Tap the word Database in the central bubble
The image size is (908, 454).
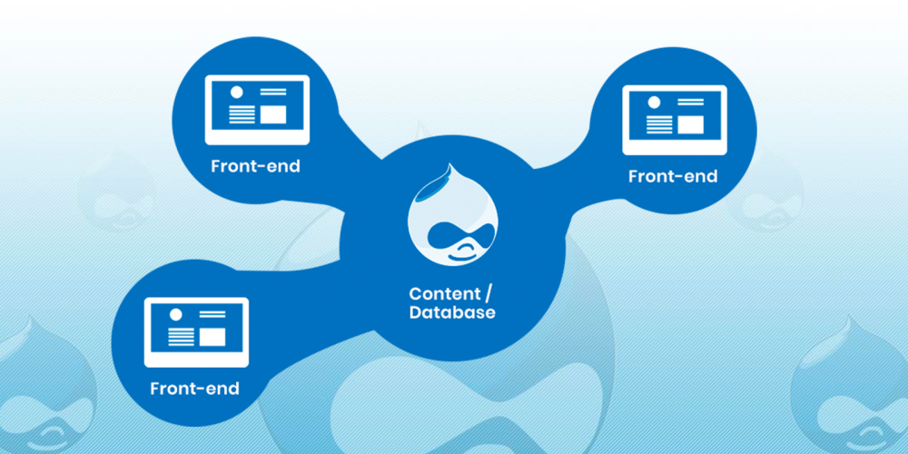pos(452,312)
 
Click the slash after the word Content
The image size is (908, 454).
pos(489,293)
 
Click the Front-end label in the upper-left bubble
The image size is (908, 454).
pos(256,166)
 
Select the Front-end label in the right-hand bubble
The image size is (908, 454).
pos(673,176)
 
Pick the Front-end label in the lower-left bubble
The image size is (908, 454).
pos(194,388)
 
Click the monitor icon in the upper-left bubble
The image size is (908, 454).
pos(257,110)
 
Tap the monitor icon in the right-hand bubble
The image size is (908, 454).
pos(675,120)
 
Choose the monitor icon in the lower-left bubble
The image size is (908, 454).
pos(196,331)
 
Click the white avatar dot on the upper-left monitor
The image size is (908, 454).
pos(236,92)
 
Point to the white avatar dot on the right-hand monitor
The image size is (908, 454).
pos(654,103)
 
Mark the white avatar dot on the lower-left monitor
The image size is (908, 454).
pos(175,314)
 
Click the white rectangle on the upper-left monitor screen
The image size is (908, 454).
pos(273,114)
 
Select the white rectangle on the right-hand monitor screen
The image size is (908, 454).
pos(691,124)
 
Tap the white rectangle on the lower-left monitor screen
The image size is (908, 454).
pos(212,337)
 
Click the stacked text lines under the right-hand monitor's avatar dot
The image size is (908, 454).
pos(659,124)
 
